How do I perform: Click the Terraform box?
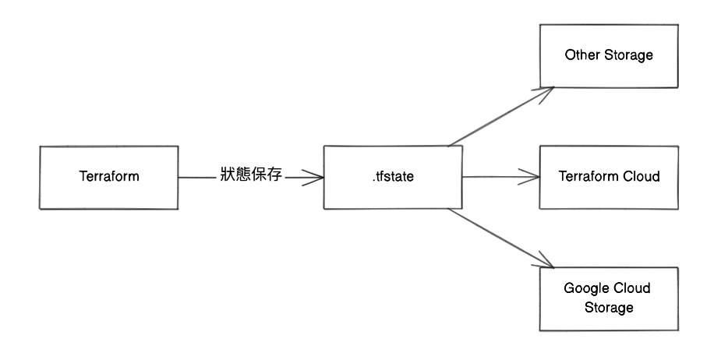coord(109,177)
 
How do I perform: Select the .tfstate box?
coord(393,177)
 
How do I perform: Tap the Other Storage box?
coord(609,55)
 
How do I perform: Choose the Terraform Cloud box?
coord(609,177)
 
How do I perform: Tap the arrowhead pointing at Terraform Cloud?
coord(534,177)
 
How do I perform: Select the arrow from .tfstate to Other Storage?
coord(499,116)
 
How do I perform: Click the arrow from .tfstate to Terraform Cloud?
coord(499,177)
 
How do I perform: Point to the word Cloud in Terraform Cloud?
coord(642,177)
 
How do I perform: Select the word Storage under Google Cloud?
coord(609,308)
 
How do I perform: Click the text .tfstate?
coord(393,177)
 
